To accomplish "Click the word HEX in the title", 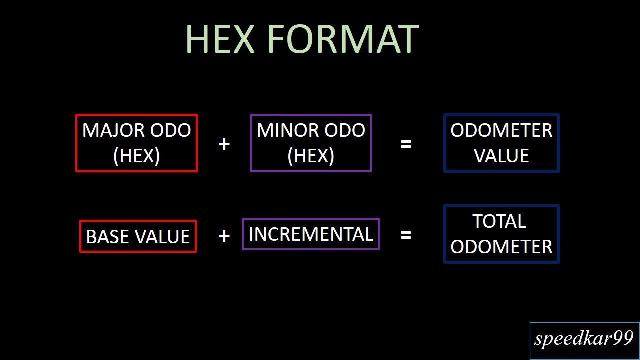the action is point(220,39).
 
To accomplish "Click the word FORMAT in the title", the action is point(343,39).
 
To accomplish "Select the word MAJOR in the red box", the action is point(113,131).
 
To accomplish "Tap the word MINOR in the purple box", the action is point(287,130).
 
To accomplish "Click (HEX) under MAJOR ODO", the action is point(136,156).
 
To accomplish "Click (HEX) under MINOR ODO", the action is point(311,156).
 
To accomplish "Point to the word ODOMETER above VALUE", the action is point(501,130).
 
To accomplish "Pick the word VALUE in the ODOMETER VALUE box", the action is point(501,155).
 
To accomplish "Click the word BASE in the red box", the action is point(107,237).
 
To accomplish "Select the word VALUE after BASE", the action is point(162,237).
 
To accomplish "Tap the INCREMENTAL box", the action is point(311,234).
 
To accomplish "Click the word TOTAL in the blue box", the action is point(499,221).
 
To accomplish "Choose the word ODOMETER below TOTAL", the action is point(501,247).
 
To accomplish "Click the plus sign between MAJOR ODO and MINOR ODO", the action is point(224,144).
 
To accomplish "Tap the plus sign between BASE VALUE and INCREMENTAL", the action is point(224,236).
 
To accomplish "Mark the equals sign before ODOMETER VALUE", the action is point(406,144).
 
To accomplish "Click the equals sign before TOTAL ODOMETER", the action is point(406,235).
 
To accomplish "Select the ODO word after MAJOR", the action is point(171,131).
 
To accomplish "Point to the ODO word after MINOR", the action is point(345,130).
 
